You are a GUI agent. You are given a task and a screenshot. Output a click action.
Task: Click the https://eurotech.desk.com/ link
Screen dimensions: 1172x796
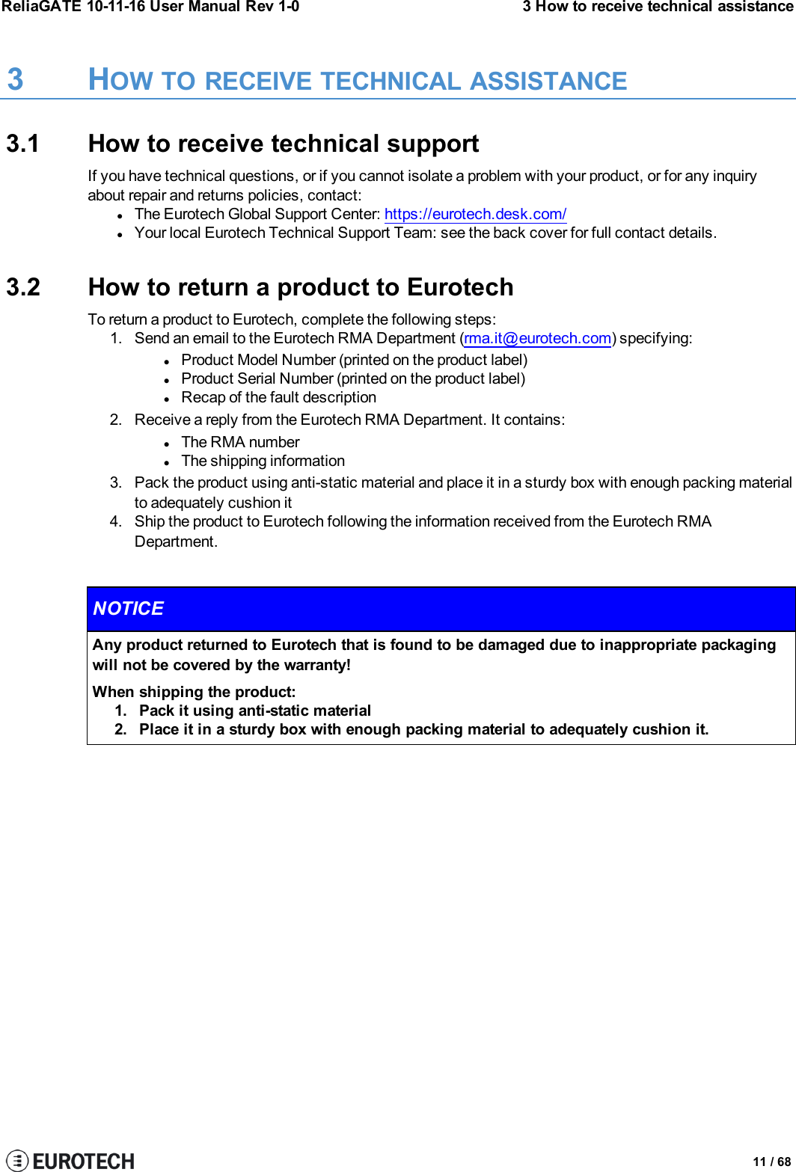coord(475,214)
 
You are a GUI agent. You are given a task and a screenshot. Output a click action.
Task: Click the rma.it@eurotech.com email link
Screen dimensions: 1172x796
coord(537,338)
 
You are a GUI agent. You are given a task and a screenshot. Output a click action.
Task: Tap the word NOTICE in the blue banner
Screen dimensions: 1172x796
coord(128,609)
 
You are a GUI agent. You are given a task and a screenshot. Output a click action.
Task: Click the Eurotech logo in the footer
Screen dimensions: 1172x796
coord(70,1160)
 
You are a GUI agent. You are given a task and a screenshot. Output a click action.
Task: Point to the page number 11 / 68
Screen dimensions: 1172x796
coord(771,1162)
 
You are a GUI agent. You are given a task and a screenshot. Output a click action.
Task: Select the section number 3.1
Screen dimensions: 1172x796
coord(23,144)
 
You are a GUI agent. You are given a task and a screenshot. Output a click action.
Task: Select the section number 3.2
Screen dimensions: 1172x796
coord(23,287)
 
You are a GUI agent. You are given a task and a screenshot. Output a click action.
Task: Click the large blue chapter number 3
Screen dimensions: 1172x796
coord(15,80)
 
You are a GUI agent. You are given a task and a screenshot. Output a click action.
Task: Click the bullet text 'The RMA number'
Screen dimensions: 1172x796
coord(240,442)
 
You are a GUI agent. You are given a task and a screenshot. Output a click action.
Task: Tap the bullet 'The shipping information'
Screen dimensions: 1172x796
coord(263,461)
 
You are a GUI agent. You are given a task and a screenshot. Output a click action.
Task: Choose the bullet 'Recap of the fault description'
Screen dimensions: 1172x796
coord(278,397)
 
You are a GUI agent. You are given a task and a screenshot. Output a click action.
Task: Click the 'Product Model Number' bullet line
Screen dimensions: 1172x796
coord(354,360)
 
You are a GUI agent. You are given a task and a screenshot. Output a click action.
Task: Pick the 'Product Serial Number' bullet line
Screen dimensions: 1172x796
coord(353,378)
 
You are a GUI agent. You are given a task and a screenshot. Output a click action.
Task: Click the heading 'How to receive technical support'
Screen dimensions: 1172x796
coord(284,144)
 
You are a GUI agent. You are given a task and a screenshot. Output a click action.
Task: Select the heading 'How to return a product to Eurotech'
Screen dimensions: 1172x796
coord(301,287)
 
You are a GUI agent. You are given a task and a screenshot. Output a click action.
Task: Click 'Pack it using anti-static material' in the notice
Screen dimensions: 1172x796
coord(255,711)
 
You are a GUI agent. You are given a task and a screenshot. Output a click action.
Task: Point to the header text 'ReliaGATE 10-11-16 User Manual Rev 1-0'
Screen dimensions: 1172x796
coord(150,7)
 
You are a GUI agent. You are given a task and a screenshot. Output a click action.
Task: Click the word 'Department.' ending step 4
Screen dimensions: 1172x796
coord(176,541)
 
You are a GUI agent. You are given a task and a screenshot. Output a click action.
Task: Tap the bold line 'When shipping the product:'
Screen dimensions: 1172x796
coord(194,692)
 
